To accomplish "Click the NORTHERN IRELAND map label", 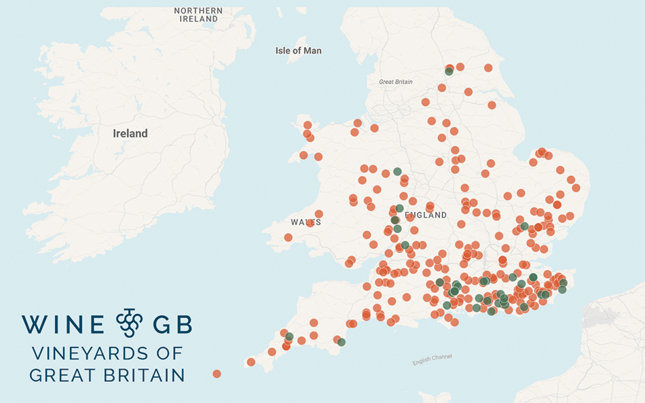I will (x=198, y=15).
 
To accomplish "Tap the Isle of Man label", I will (x=298, y=51).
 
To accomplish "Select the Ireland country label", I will (x=130, y=134).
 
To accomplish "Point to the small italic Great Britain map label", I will (x=395, y=82).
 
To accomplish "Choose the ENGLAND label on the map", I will (x=426, y=215).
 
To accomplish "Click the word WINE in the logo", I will (x=63, y=325).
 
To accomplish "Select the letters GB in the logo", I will (x=172, y=325).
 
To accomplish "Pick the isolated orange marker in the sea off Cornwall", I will (x=217, y=374).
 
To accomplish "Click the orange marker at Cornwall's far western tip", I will (x=251, y=362).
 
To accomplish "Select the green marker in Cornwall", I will (x=289, y=336).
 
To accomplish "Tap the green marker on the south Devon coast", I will (x=342, y=343).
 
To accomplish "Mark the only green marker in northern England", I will (x=448, y=71).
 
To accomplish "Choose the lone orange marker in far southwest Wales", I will (x=288, y=238).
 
